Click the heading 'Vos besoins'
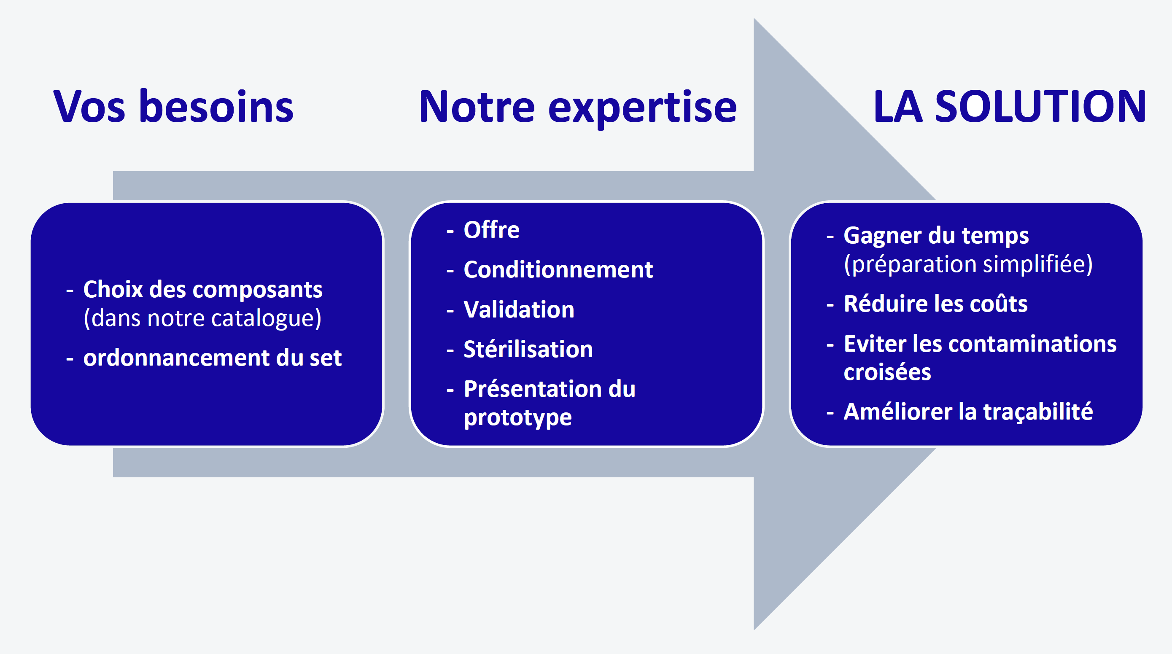pos(173,106)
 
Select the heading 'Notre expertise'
pos(577,108)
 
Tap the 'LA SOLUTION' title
pos(1009,106)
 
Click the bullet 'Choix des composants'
pos(203,290)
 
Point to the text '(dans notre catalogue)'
pos(202,318)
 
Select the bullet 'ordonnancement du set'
pos(213,358)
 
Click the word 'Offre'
pos(491,230)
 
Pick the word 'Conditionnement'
pos(558,269)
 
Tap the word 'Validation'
pos(519,309)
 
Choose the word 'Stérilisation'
pos(528,349)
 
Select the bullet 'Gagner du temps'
pos(936,236)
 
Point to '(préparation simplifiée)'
pos(968,264)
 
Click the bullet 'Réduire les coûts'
pos(935,303)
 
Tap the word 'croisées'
pos(887,372)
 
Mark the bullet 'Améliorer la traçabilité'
pos(968,412)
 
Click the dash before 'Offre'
pos(450,231)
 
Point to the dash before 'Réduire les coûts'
pos(830,305)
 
